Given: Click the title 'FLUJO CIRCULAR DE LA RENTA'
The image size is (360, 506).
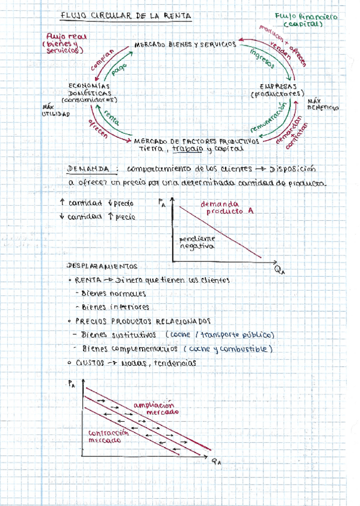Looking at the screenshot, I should (127, 17).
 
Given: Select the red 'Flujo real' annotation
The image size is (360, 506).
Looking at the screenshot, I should (66, 44).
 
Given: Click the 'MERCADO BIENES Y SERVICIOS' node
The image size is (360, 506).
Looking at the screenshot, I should (185, 45).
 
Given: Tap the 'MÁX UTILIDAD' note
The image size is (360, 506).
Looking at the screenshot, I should (55, 110).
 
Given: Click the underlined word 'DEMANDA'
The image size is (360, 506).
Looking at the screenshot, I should (89, 169).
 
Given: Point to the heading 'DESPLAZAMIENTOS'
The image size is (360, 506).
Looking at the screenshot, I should (103, 267).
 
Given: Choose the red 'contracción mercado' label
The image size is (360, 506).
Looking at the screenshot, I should (108, 436).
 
